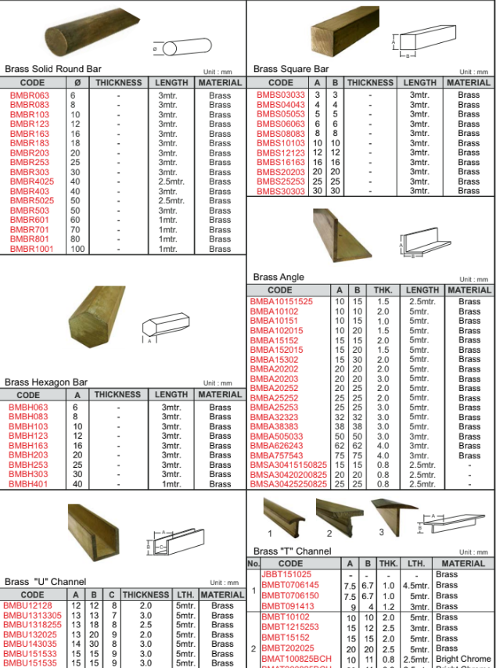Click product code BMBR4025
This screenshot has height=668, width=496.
coord(32,181)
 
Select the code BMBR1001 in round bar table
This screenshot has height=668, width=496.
coord(32,249)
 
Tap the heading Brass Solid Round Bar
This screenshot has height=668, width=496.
coord(53,69)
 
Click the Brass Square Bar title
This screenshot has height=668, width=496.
coord(291,69)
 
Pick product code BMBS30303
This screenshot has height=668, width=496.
coord(281,191)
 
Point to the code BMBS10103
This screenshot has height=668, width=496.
coord(281,143)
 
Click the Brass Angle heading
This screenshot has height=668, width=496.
coord(279,277)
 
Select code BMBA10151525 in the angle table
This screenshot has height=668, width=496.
coord(281,301)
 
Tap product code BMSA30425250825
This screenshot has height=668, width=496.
coord(288,484)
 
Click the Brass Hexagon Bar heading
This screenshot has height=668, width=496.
coord(46,382)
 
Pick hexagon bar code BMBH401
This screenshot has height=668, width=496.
coord(28,484)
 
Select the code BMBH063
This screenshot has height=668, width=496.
coord(28,408)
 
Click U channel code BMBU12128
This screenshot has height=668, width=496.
coord(28,605)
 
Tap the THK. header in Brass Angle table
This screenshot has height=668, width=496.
coord(383,290)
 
